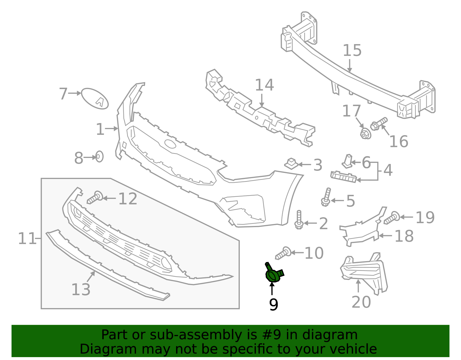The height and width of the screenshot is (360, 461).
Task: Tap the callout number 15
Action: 352,50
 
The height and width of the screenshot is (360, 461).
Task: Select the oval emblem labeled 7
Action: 95,99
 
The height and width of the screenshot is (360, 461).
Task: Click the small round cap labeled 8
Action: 99,157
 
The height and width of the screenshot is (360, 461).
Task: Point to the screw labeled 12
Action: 95,198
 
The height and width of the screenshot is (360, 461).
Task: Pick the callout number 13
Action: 81,289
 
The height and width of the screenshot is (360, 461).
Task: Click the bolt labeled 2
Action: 299,220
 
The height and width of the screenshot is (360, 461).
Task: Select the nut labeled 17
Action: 365,134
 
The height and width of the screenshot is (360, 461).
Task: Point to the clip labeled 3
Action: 292,164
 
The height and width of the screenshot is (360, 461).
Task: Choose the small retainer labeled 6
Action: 347,161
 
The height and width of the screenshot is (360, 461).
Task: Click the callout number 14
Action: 264,85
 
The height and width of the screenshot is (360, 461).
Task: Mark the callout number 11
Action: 27,239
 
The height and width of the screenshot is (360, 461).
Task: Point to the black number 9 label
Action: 273,305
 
